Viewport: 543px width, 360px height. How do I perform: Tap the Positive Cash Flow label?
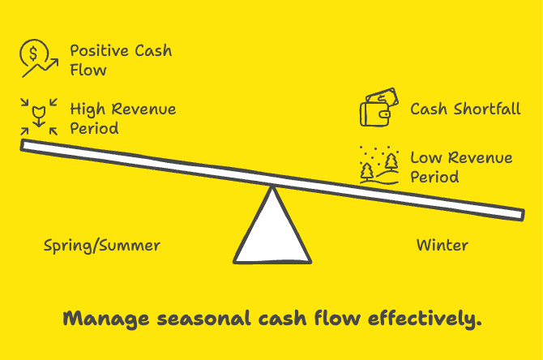coord(120,60)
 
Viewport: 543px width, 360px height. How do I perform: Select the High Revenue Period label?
coord(122,118)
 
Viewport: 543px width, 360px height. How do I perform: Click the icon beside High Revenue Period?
coord(36,116)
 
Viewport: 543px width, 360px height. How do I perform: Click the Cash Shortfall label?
coord(465,109)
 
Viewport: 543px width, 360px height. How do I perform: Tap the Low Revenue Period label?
coord(460,167)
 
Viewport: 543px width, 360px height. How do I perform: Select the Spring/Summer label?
coord(102,245)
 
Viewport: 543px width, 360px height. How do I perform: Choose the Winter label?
coord(443,245)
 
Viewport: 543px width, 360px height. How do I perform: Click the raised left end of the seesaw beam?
coord(28,146)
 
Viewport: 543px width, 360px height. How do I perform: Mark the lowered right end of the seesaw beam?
coord(517,213)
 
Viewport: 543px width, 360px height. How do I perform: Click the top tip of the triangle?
coord(272,190)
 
